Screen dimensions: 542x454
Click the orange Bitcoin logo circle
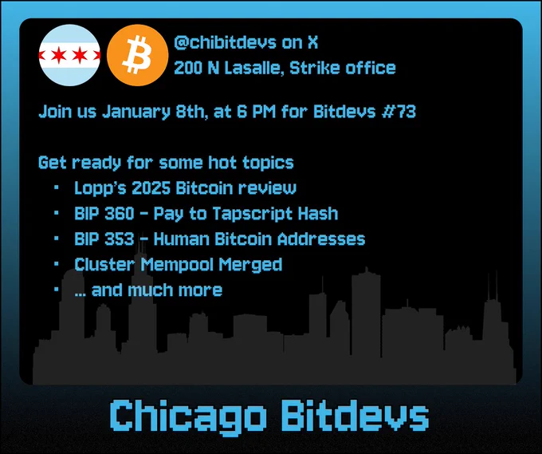click(138, 55)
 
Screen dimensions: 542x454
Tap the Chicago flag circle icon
click(69, 55)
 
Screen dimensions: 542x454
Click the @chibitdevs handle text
click(226, 42)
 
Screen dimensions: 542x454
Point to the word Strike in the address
click(315, 68)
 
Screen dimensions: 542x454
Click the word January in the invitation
click(136, 112)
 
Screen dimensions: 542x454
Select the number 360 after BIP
click(119, 214)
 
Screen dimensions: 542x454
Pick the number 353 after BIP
click(119, 239)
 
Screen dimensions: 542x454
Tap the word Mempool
click(177, 265)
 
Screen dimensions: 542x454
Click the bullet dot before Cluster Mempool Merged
click(57, 264)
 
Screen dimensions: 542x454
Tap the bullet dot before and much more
click(57, 290)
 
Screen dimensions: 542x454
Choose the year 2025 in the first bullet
click(151, 188)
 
